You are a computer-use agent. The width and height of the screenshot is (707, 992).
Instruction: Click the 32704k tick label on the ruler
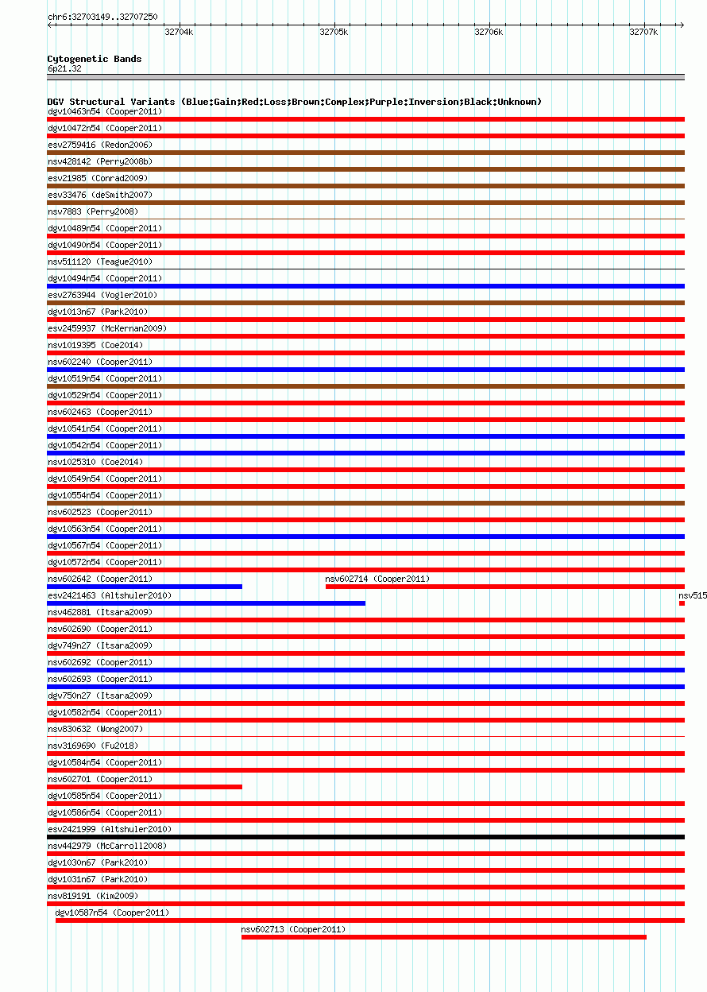[178, 32]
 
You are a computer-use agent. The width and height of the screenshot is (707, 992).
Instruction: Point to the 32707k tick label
[643, 32]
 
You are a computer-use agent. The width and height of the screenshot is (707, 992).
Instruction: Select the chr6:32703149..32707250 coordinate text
[102, 16]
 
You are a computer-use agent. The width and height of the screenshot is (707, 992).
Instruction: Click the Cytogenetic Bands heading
[95, 59]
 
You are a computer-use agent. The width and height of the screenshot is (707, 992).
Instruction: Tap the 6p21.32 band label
[64, 68]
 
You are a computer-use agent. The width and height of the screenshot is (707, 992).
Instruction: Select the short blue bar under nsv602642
[145, 587]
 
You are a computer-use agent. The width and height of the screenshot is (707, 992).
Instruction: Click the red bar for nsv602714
[504, 587]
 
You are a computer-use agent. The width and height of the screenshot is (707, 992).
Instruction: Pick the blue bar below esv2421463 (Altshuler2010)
[207, 603]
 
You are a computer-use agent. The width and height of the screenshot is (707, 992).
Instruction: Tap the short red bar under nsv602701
[145, 787]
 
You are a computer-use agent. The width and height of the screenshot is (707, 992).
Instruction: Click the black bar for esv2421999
[365, 837]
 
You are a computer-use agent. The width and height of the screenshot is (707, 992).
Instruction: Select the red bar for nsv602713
[443, 937]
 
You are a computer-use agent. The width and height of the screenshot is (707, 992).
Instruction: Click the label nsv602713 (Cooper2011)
[293, 929]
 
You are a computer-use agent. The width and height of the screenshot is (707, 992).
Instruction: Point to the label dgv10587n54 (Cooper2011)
[112, 913]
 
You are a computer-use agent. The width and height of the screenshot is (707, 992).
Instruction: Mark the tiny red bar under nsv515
[682, 603]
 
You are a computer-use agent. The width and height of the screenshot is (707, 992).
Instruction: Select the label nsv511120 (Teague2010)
[100, 262]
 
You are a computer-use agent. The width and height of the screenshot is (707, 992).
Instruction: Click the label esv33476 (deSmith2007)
[100, 195]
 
